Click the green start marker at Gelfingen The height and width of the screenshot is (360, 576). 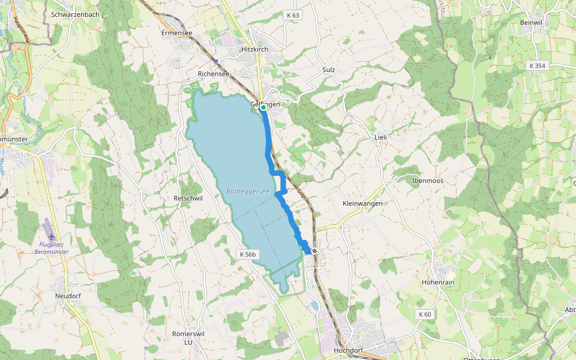263,107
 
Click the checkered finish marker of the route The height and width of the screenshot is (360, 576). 314,251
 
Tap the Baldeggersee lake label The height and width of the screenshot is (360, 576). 247,191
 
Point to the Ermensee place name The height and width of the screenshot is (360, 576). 176,33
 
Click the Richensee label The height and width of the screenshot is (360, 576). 214,74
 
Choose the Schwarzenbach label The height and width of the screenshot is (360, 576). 75,14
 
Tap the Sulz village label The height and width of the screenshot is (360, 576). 328,70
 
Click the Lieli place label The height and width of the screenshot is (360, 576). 380,137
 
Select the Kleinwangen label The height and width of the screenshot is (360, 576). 362,203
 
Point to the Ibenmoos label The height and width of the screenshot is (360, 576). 427,180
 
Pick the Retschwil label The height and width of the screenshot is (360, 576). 185,197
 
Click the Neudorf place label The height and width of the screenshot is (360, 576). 67,296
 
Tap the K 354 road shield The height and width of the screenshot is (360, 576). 538,65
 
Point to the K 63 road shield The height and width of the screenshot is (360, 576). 292,14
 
